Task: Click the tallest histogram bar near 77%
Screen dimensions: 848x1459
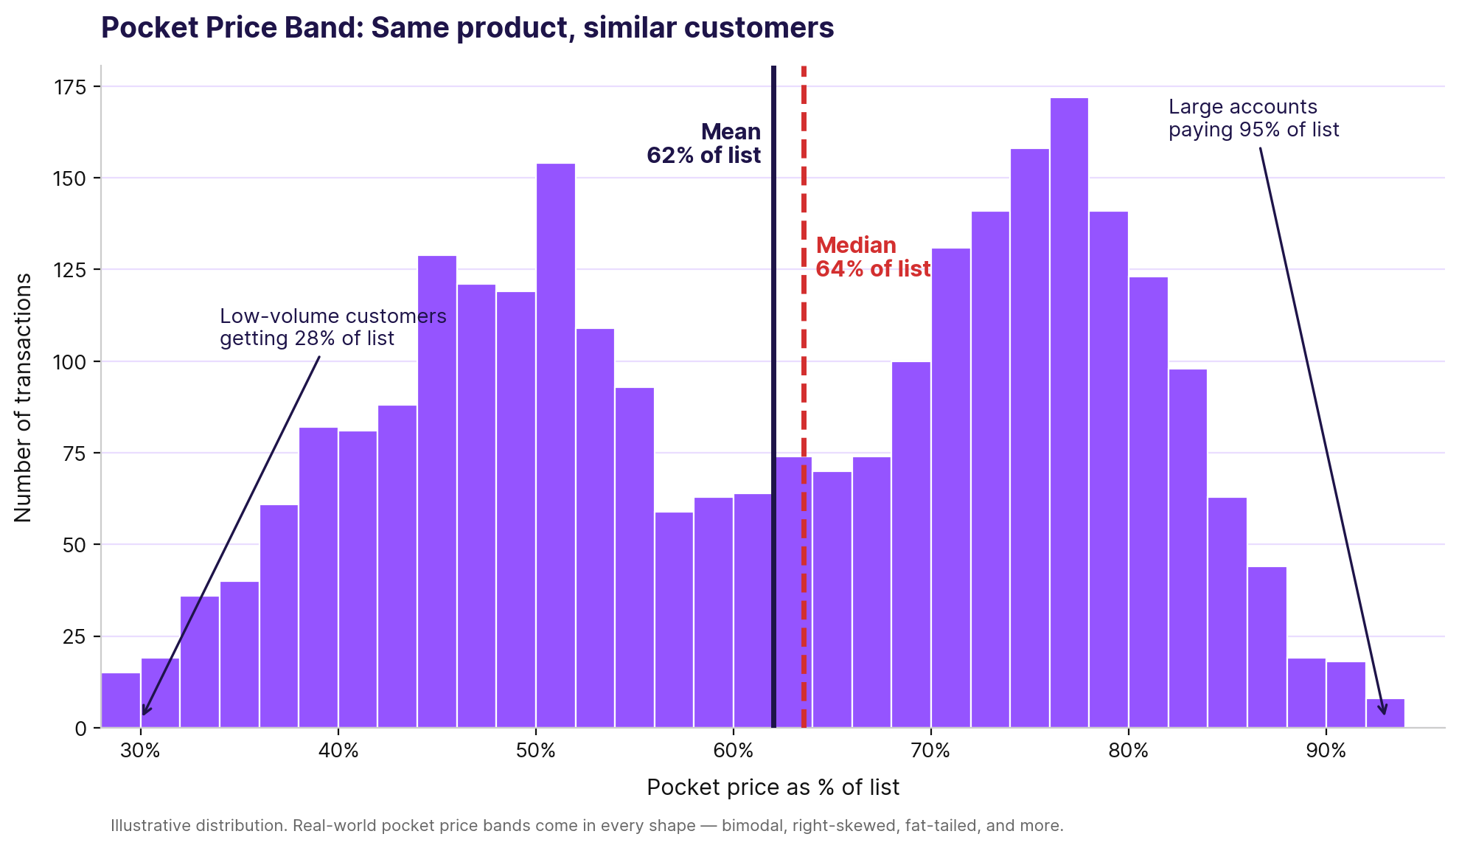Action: [1069, 413]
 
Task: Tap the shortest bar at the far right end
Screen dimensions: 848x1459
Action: [1385, 713]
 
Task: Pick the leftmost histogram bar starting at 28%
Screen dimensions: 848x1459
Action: [120, 701]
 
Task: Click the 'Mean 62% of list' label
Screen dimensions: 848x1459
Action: [704, 144]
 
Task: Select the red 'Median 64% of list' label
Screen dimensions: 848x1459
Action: [873, 257]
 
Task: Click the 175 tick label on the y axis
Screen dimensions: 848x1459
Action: [70, 87]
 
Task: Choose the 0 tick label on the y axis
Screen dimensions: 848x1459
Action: [81, 729]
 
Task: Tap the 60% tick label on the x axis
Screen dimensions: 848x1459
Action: [733, 751]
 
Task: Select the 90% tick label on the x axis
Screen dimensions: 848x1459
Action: [1326, 751]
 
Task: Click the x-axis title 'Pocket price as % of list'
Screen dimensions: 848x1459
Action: [773, 788]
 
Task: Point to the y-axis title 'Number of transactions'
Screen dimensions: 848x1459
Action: [24, 397]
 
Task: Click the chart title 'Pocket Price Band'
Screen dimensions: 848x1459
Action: [467, 28]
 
